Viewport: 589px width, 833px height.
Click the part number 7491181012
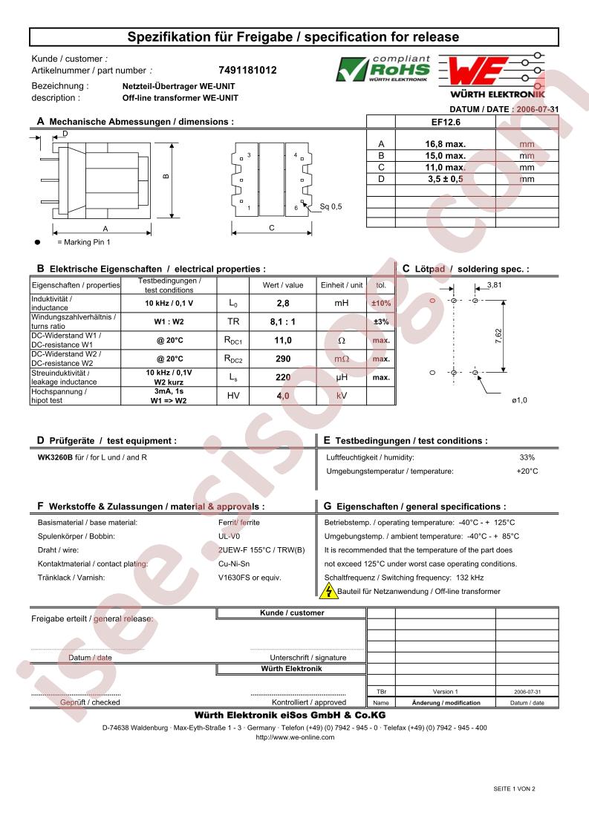(247, 71)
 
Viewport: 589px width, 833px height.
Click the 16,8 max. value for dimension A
(445, 144)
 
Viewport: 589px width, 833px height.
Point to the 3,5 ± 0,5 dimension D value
(445, 179)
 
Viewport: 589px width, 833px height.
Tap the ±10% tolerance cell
(381, 303)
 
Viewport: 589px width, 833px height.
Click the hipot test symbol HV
(232, 396)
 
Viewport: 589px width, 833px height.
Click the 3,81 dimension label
(494, 285)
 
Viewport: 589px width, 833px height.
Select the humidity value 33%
(527, 457)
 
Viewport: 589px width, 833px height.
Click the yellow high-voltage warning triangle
(328, 591)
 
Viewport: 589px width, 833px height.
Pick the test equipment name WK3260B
(55, 457)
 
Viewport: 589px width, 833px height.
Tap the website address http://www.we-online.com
(294, 737)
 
